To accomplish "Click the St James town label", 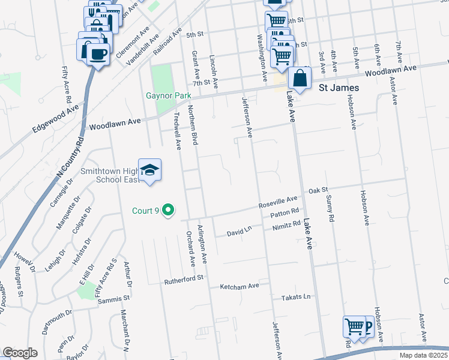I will coord(339,88).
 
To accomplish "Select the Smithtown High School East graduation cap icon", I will coord(149,169).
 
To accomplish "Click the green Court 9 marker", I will coord(169,210).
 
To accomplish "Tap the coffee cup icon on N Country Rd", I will coord(98,53).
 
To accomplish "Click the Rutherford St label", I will coord(185,278).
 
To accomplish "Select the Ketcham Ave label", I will coord(240,286).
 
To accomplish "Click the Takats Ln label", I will coord(297,297).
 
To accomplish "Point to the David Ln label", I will coord(239,232).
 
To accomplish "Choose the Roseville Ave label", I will coord(278,202).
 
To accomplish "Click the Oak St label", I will coord(318,190).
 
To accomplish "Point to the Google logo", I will coord(20,353).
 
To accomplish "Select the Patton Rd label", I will coord(285,212).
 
